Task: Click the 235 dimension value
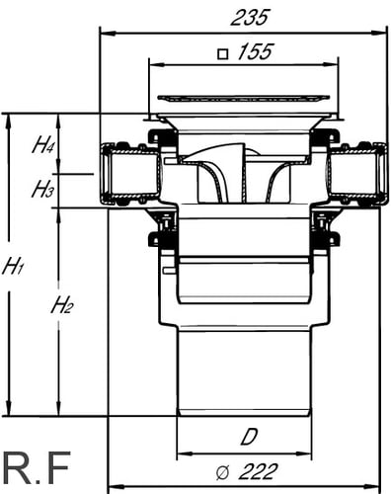(250, 18)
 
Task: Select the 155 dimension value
(256, 51)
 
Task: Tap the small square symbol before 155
(223, 53)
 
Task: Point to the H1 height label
(13, 268)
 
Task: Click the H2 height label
(62, 305)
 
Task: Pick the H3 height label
(42, 190)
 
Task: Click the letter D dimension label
(249, 437)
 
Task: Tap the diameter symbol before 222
(222, 473)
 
